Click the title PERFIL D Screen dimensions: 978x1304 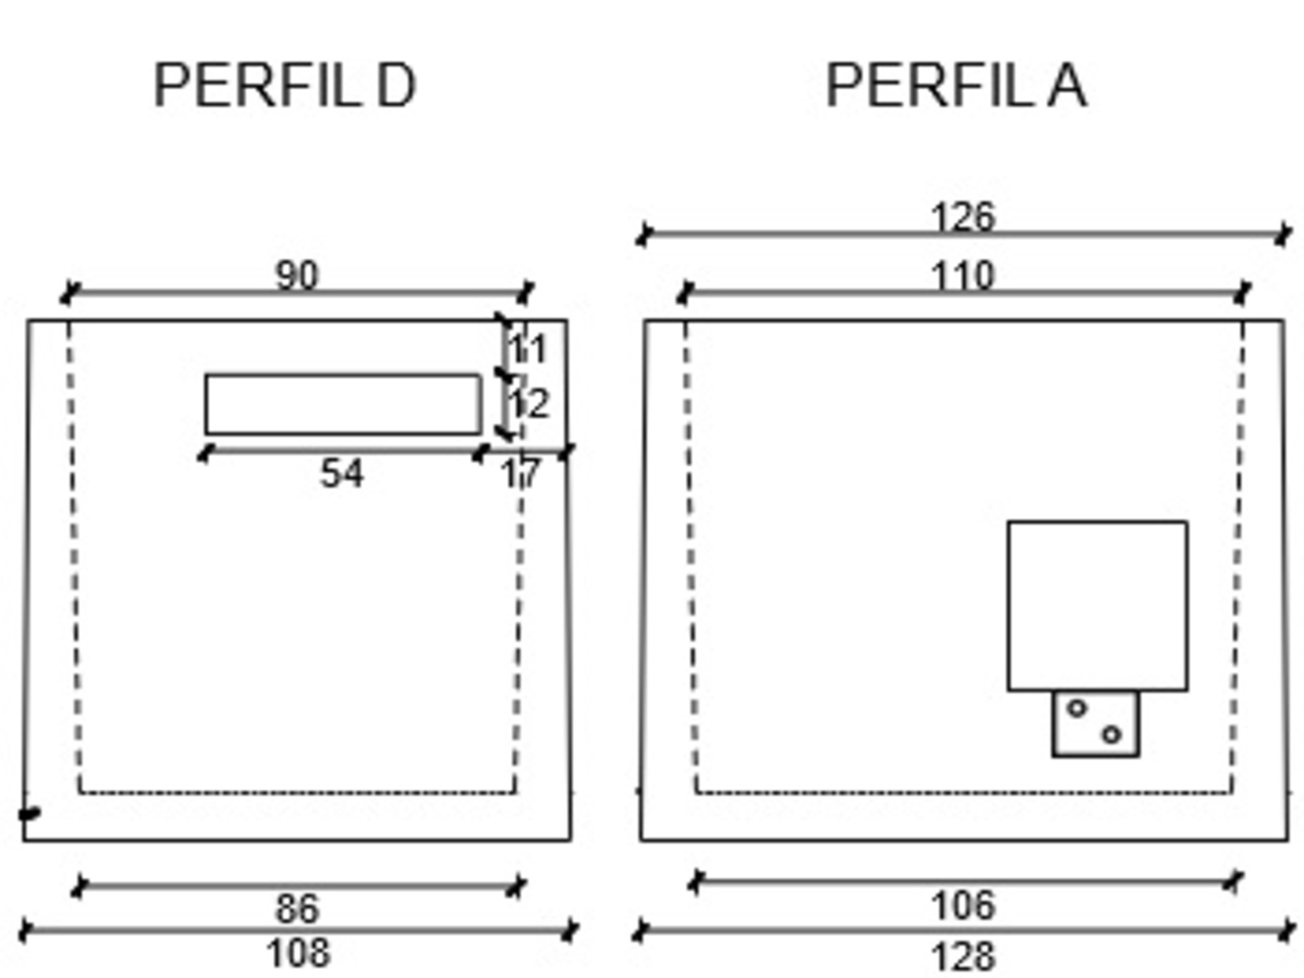(x=284, y=86)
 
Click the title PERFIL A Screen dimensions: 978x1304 (x=956, y=86)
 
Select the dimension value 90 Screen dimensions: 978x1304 (x=297, y=275)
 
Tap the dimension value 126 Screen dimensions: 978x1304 (x=963, y=217)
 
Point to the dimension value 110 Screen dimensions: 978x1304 (x=963, y=275)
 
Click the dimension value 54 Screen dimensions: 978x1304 (x=341, y=474)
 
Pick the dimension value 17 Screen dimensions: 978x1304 (x=521, y=474)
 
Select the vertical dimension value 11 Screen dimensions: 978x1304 (x=528, y=350)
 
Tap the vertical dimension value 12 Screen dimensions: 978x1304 (x=529, y=403)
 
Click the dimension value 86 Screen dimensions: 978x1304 (x=297, y=908)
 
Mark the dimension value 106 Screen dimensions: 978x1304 (x=963, y=906)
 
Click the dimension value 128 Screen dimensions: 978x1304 (x=963, y=956)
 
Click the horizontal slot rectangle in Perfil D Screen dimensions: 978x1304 (x=343, y=404)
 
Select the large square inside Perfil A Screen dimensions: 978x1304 (x=1098, y=605)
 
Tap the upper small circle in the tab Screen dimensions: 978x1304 (x=1077, y=708)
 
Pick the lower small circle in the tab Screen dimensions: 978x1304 (x=1112, y=734)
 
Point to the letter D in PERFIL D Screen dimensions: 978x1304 (x=396, y=86)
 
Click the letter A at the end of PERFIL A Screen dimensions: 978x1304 (x=1068, y=86)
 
